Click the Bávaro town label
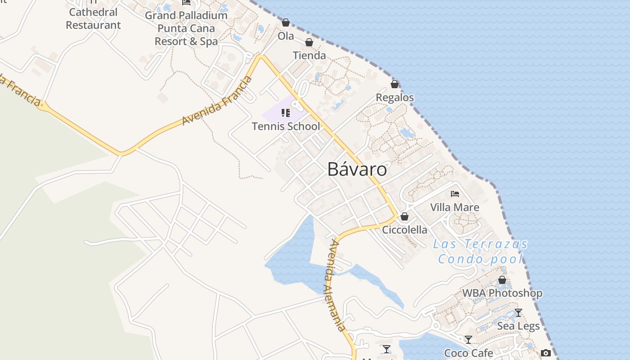pyautogui.click(x=357, y=170)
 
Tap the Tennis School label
pyautogui.click(x=286, y=126)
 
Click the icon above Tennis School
pyautogui.click(x=286, y=113)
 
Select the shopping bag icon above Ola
pyautogui.click(x=286, y=22)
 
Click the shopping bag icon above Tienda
pyautogui.click(x=309, y=42)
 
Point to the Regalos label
pyautogui.click(x=395, y=97)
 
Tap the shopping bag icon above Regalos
pyautogui.click(x=395, y=84)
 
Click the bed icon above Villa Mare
pyautogui.click(x=455, y=194)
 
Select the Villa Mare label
pyautogui.click(x=454, y=207)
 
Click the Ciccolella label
pyautogui.click(x=405, y=230)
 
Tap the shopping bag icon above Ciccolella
pyautogui.click(x=405, y=216)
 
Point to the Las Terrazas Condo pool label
pyautogui.click(x=480, y=252)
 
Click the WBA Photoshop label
pyautogui.click(x=502, y=293)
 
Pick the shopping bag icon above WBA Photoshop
pyautogui.click(x=502, y=280)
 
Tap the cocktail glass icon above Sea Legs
pyautogui.click(x=518, y=312)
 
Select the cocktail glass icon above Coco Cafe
pyautogui.click(x=468, y=340)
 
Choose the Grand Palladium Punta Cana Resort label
pyautogui.click(x=186, y=28)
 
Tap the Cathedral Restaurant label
pyautogui.click(x=93, y=18)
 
